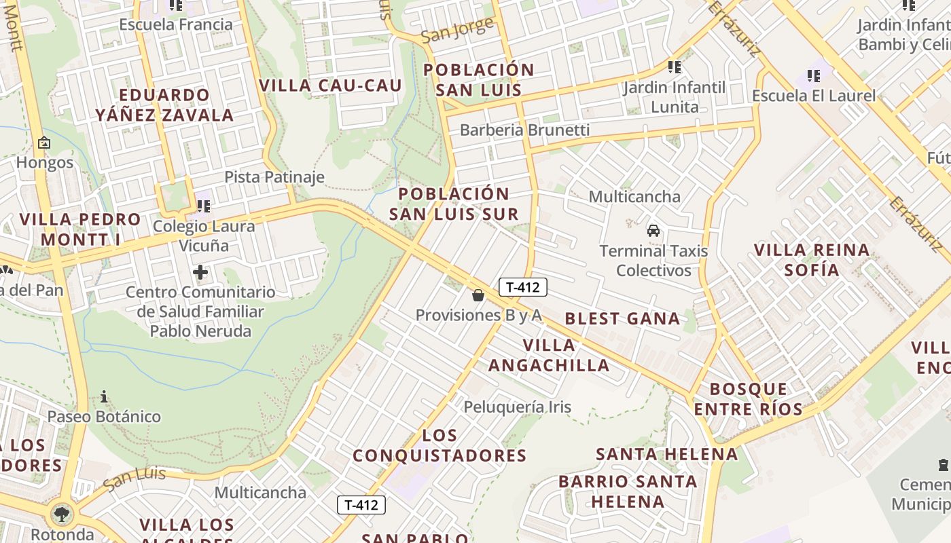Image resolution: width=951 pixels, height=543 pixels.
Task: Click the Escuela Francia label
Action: tap(175, 24)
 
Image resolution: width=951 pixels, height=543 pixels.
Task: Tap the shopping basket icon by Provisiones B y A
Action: tap(478, 295)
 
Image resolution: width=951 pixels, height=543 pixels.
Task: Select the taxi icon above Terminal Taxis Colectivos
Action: tap(653, 231)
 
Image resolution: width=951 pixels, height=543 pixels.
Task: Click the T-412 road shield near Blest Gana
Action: tap(523, 287)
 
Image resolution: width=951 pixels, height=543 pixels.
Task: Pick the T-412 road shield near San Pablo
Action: tap(361, 505)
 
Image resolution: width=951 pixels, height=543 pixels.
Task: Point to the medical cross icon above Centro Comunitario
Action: tap(200, 273)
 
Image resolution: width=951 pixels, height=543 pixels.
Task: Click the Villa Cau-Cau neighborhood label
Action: tap(331, 86)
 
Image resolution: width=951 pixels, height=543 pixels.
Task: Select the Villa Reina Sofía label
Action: tap(812, 260)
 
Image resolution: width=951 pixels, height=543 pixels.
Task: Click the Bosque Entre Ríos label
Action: tap(748, 399)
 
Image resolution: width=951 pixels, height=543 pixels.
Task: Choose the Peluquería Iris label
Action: tap(518, 407)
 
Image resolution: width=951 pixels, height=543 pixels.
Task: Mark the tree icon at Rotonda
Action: tap(62, 514)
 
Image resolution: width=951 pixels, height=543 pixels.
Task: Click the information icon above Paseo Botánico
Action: tap(104, 396)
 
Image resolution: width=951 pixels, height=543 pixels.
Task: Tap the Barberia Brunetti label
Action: tap(524, 130)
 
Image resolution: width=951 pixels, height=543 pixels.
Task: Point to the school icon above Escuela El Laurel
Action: tap(813, 75)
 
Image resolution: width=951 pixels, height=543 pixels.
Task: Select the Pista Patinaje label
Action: tap(274, 177)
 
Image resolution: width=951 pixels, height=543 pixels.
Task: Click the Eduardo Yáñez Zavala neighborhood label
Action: tap(164, 105)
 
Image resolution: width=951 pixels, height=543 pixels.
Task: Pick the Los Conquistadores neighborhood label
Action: tap(439, 445)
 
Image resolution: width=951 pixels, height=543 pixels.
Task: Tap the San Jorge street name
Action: tap(457, 31)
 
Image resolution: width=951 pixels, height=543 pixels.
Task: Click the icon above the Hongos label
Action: tap(44, 143)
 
